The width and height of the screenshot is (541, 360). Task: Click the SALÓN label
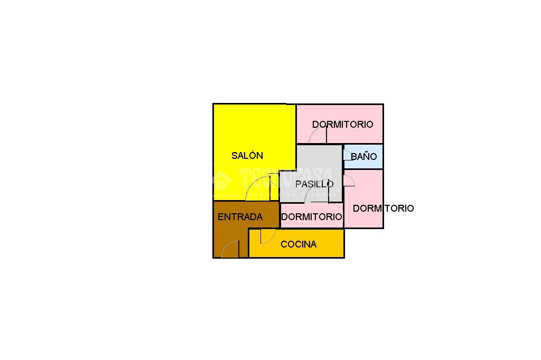coord(247,156)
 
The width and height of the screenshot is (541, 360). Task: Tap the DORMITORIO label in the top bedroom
coord(342,125)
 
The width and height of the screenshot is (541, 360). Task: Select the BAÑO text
coord(364,157)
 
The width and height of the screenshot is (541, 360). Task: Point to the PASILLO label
coord(314,184)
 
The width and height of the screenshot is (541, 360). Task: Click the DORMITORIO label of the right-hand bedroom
coord(383,209)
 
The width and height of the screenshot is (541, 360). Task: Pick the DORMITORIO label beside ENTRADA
coord(311,216)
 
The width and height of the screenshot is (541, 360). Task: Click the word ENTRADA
coord(240,217)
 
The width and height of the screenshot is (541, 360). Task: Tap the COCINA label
coord(299,244)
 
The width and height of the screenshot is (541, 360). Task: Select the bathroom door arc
coord(347,156)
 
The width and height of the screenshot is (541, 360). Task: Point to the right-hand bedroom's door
coord(349,181)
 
